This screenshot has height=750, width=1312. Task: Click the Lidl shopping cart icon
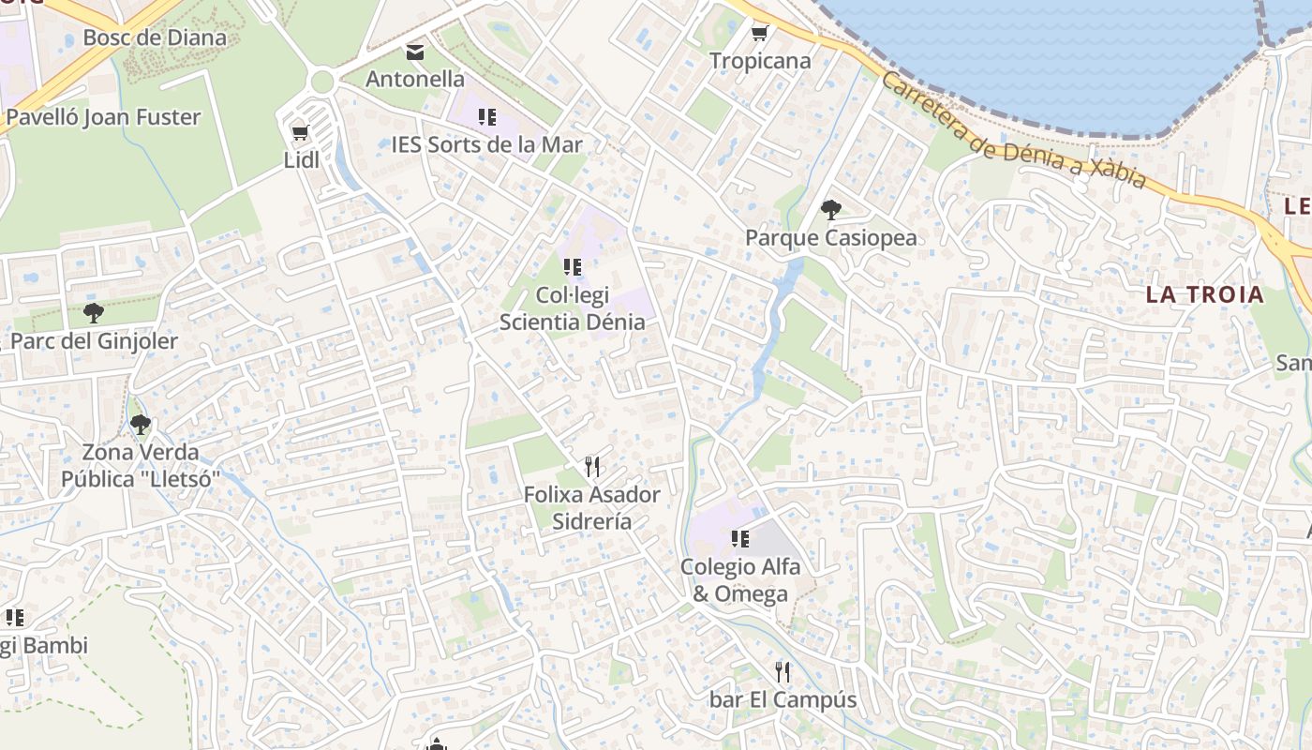300,133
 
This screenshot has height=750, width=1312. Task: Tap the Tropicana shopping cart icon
759,34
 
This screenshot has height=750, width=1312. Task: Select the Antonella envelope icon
414,52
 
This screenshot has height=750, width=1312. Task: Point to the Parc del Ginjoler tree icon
93,313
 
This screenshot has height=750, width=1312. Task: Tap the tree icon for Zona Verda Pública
140,426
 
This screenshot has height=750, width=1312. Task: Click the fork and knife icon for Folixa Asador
591,467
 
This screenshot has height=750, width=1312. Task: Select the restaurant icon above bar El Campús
783,672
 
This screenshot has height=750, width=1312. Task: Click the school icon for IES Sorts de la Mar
486,117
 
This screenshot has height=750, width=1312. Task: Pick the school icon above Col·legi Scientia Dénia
572,267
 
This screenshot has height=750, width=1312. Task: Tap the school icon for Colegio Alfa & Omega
740,539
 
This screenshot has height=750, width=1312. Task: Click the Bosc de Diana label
155,37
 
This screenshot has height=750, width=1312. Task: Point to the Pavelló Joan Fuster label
103,117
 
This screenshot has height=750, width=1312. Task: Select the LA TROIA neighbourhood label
1204,294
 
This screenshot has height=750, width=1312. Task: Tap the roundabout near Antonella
321,82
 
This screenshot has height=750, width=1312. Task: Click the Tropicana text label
760,61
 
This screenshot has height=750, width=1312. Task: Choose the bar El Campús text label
783,699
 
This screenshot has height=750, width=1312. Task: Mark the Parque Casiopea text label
830,238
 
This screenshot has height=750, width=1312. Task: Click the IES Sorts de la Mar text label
486,144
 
